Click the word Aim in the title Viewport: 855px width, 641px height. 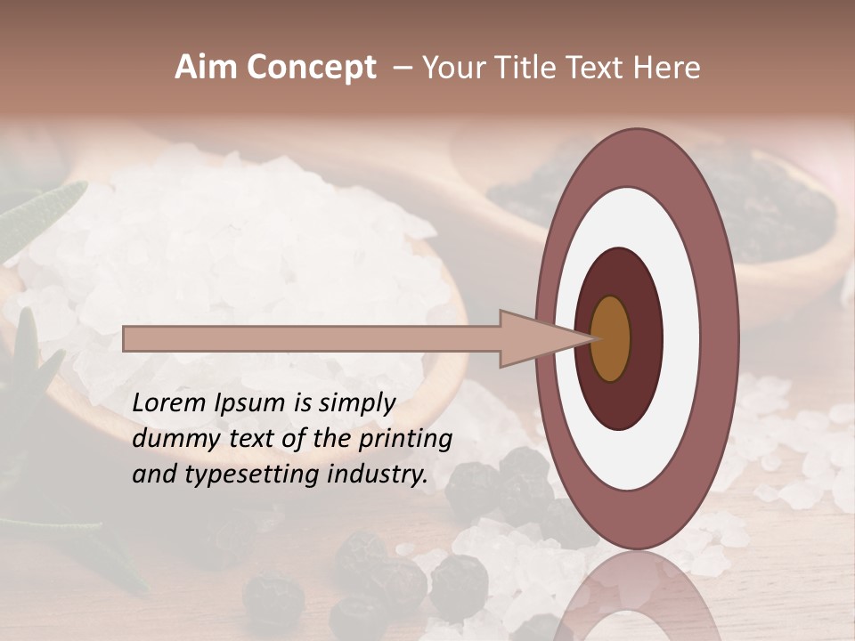[x=206, y=68]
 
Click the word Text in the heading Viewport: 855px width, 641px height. [x=599, y=68]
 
